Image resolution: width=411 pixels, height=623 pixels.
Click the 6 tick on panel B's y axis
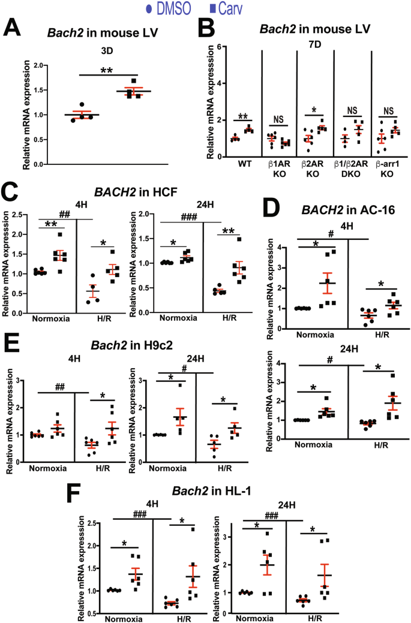220,46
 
